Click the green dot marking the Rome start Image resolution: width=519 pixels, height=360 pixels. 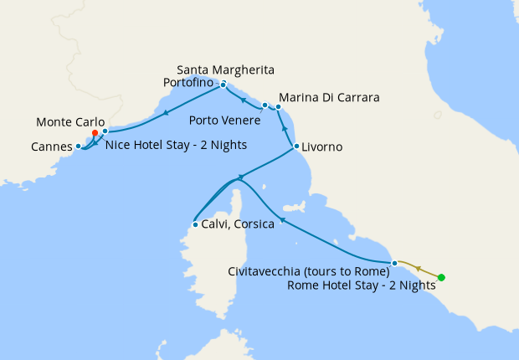point(441,277)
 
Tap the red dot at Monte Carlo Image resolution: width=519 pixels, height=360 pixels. point(95,132)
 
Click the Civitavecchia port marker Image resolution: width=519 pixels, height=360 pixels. point(393,264)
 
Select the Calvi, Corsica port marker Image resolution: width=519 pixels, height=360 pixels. point(194,224)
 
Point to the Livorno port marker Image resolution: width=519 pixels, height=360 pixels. point(296,147)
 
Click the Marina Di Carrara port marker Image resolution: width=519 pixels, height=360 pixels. point(278,106)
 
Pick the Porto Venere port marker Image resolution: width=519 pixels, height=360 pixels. point(265,105)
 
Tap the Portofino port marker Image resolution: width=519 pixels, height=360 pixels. point(224,85)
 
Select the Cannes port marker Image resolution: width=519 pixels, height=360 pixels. point(78,147)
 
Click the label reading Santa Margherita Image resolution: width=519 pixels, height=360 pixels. point(226,69)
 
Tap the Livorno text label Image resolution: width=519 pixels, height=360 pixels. point(323,147)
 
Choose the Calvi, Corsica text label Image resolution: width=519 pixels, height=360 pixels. point(239,224)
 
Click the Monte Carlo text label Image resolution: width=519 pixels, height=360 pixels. point(70,121)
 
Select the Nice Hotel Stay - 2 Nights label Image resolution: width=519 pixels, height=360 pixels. point(176,144)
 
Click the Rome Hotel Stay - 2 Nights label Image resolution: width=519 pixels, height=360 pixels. point(361,285)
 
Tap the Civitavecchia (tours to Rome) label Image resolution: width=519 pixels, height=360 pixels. point(309,270)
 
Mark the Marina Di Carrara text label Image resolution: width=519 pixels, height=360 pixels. point(329,98)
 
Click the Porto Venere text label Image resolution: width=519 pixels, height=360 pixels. point(224,120)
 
